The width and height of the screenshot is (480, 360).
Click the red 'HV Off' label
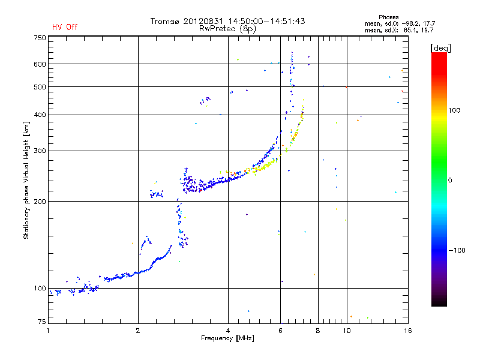tap(65, 27)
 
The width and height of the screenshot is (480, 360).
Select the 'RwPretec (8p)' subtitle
tap(227, 29)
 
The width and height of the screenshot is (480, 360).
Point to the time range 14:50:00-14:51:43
tap(266, 21)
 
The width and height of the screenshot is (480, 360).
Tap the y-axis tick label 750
tap(40, 38)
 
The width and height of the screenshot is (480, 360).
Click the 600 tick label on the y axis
tap(40, 64)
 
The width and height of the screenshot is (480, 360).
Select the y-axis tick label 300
tap(40, 151)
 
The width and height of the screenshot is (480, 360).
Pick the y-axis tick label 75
tap(41, 322)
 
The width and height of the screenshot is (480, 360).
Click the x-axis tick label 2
tap(138, 331)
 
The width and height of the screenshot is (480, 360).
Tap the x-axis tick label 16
tap(408, 331)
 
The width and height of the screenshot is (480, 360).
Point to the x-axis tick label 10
tap(347, 331)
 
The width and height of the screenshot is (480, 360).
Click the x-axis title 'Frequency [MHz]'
tap(227, 338)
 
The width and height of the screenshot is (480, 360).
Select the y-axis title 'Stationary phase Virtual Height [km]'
tap(26, 181)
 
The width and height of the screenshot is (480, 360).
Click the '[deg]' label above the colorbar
tap(440, 48)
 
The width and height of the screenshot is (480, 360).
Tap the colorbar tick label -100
tap(457, 250)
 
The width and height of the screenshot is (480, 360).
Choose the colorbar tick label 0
tap(450, 181)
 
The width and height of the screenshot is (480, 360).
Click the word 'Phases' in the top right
tap(388, 17)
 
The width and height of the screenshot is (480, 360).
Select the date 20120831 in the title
tap(203, 21)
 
